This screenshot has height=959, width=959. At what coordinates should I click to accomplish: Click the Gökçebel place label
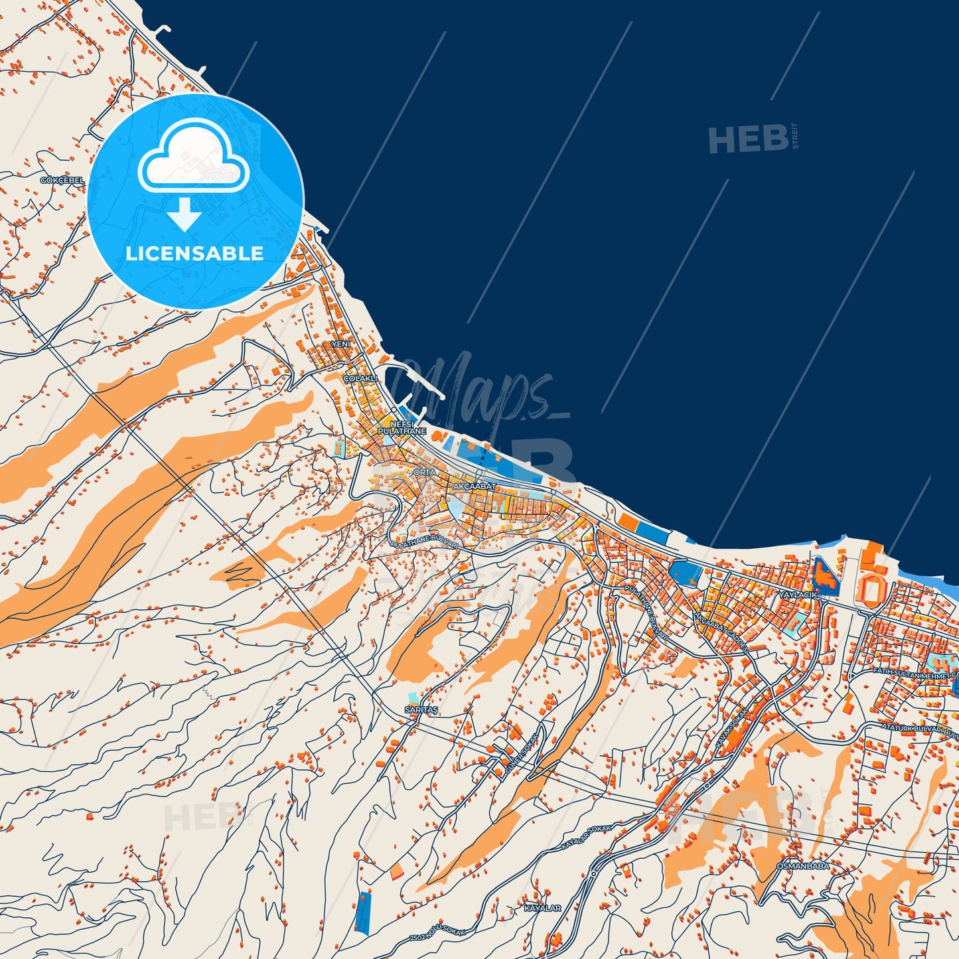coord(62,181)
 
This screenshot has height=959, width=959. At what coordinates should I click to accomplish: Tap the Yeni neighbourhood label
coord(340,344)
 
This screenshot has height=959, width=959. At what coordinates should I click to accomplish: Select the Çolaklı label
coord(360,378)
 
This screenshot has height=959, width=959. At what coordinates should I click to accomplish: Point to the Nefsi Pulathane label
coord(402,427)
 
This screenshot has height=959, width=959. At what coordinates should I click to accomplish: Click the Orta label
coord(425,473)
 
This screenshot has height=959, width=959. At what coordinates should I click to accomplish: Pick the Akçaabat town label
coord(475,486)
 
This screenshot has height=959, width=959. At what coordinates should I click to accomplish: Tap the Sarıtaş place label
coord(421,709)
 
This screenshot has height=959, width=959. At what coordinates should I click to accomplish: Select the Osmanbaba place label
coord(802,866)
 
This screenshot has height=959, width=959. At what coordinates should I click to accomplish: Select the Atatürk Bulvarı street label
coord(919,729)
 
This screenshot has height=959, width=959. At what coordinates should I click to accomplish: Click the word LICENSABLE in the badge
coord(194,254)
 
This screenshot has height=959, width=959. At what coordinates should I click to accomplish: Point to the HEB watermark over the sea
coord(749,139)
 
